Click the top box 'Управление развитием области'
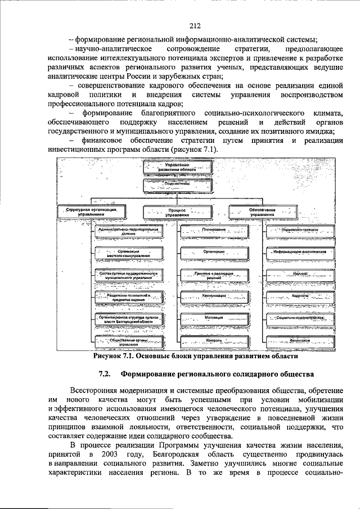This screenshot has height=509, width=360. point(178,166)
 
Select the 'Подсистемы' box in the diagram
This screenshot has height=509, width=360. point(178,183)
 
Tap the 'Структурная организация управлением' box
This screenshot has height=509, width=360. point(91,211)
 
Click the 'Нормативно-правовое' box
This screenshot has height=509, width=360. point(300,230)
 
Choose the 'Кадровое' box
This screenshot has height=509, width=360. point(300,295)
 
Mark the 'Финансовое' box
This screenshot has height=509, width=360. point(300,340)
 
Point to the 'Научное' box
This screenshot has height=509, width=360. point(300,273)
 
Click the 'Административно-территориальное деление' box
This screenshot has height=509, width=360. point(129,232)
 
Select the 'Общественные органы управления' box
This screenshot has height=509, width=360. point(129,341)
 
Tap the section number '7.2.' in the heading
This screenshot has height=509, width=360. point(105,374)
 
